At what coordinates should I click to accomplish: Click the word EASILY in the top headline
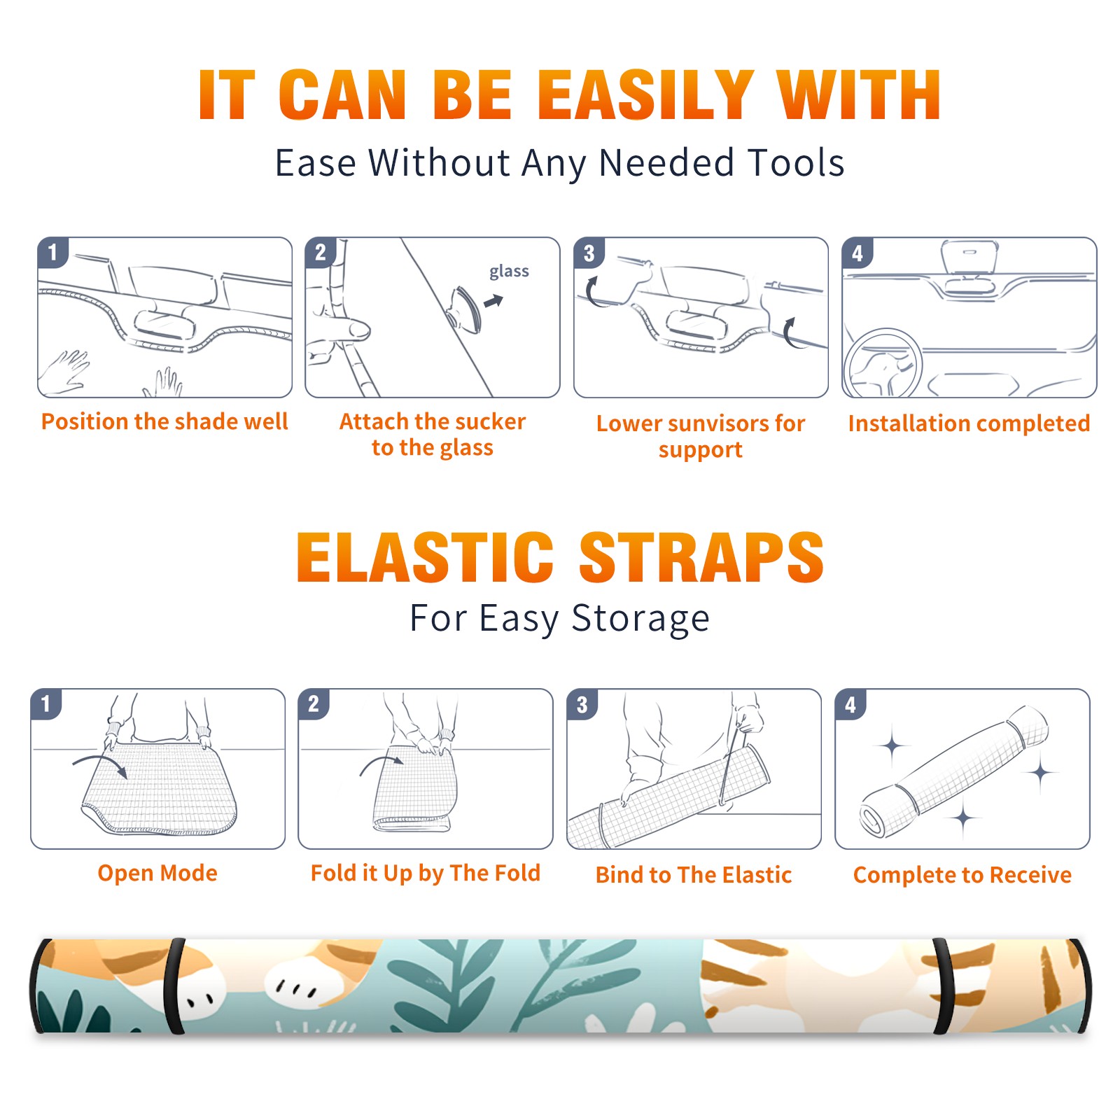click(x=646, y=94)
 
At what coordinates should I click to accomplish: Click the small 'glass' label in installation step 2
click(x=509, y=271)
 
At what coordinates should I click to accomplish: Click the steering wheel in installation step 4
click(x=883, y=364)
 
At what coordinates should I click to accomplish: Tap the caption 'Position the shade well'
click(x=164, y=421)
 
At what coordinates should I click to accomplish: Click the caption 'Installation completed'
click(x=969, y=423)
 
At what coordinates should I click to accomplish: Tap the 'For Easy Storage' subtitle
click(x=560, y=618)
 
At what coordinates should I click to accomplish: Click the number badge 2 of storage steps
click(x=314, y=703)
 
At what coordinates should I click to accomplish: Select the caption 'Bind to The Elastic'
click(x=694, y=875)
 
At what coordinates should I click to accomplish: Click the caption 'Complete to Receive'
click(x=962, y=875)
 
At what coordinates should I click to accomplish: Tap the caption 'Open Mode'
click(x=157, y=873)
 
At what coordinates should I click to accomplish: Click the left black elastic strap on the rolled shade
click(x=175, y=986)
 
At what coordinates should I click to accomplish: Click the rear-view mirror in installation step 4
click(x=969, y=258)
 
